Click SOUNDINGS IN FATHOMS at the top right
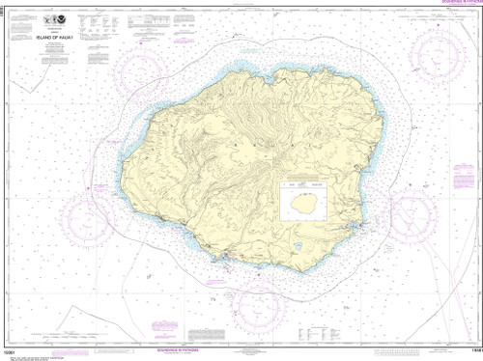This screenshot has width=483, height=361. [x=440, y=4]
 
